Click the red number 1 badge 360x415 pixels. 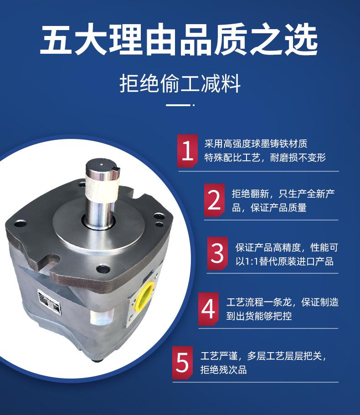tap(187, 151)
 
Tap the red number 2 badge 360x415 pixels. tap(214, 200)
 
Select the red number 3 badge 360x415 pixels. tap(217, 253)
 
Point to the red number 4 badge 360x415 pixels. tap(208, 309)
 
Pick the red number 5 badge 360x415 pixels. tap(182, 363)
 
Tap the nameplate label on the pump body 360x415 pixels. tap(49, 302)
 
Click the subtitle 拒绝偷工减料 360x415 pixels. tap(180, 84)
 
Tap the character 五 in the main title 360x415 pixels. tap(56, 40)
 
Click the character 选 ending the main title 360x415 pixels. tap(302, 40)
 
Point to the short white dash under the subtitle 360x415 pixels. tap(178, 105)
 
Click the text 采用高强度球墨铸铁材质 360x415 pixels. tap(256, 143)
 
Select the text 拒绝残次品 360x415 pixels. tap(224, 369)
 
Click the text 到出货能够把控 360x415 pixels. tap(259, 316)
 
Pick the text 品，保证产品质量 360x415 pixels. tap(269, 208)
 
